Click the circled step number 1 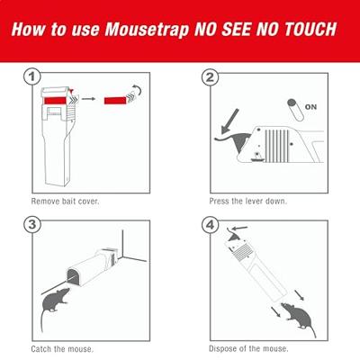(31, 77)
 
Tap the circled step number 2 (210, 77)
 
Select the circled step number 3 (31, 225)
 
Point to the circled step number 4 (210, 225)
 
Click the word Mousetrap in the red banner (147, 30)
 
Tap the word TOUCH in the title (310, 29)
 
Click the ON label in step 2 (310, 107)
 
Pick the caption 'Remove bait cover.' (65, 201)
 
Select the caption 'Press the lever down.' (247, 201)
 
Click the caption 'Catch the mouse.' (62, 349)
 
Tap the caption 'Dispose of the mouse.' (248, 348)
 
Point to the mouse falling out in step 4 (299, 319)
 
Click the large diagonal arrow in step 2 (229, 121)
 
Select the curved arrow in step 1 (138, 90)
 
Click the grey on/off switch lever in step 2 (295, 110)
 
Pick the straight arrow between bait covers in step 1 (88, 99)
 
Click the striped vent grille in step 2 (276, 146)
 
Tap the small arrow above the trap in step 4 (240, 229)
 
